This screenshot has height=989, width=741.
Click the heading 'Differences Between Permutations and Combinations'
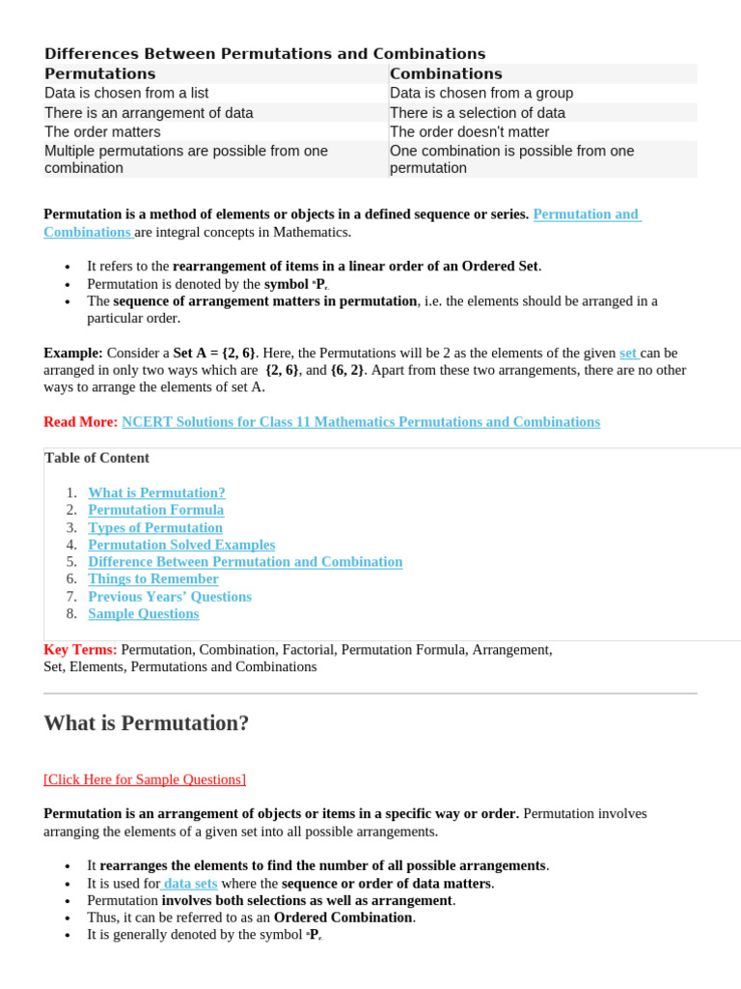pyautogui.click(x=264, y=54)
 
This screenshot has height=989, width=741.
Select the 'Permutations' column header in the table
pyautogui.click(x=99, y=74)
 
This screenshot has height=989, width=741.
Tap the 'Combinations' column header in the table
pyautogui.click(x=446, y=74)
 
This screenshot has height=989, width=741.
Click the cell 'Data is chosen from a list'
pyautogui.click(x=126, y=94)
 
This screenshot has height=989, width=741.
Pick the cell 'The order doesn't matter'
pyautogui.click(x=469, y=132)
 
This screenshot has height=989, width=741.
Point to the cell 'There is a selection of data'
pyautogui.click(x=478, y=113)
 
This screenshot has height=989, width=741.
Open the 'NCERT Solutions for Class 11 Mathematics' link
pyautogui.click(x=361, y=422)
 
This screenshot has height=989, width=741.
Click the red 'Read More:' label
pyautogui.click(x=80, y=422)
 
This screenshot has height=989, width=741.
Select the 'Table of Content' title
pyautogui.click(x=96, y=458)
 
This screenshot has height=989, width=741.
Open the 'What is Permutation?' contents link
pyautogui.click(x=156, y=493)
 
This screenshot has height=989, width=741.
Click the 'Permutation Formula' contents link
pyautogui.click(x=155, y=510)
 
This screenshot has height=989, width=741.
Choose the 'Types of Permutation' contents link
pyautogui.click(x=154, y=527)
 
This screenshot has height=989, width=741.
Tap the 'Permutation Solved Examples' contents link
pyautogui.click(x=181, y=545)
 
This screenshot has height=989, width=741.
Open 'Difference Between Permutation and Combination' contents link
pyautogui.click(x=245, y=562)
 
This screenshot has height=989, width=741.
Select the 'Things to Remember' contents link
pyautogui.click(x=152, y=579)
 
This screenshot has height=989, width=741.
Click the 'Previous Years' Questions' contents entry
pyautogui.click(x=169, y=597)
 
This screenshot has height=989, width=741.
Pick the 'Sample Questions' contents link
pyautogui.click(x=143, y=614)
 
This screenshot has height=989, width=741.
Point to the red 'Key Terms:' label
pyautogui.click(x=80, y=650)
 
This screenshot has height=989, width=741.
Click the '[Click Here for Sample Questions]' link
pyautogui.click(x=145, y=779)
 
